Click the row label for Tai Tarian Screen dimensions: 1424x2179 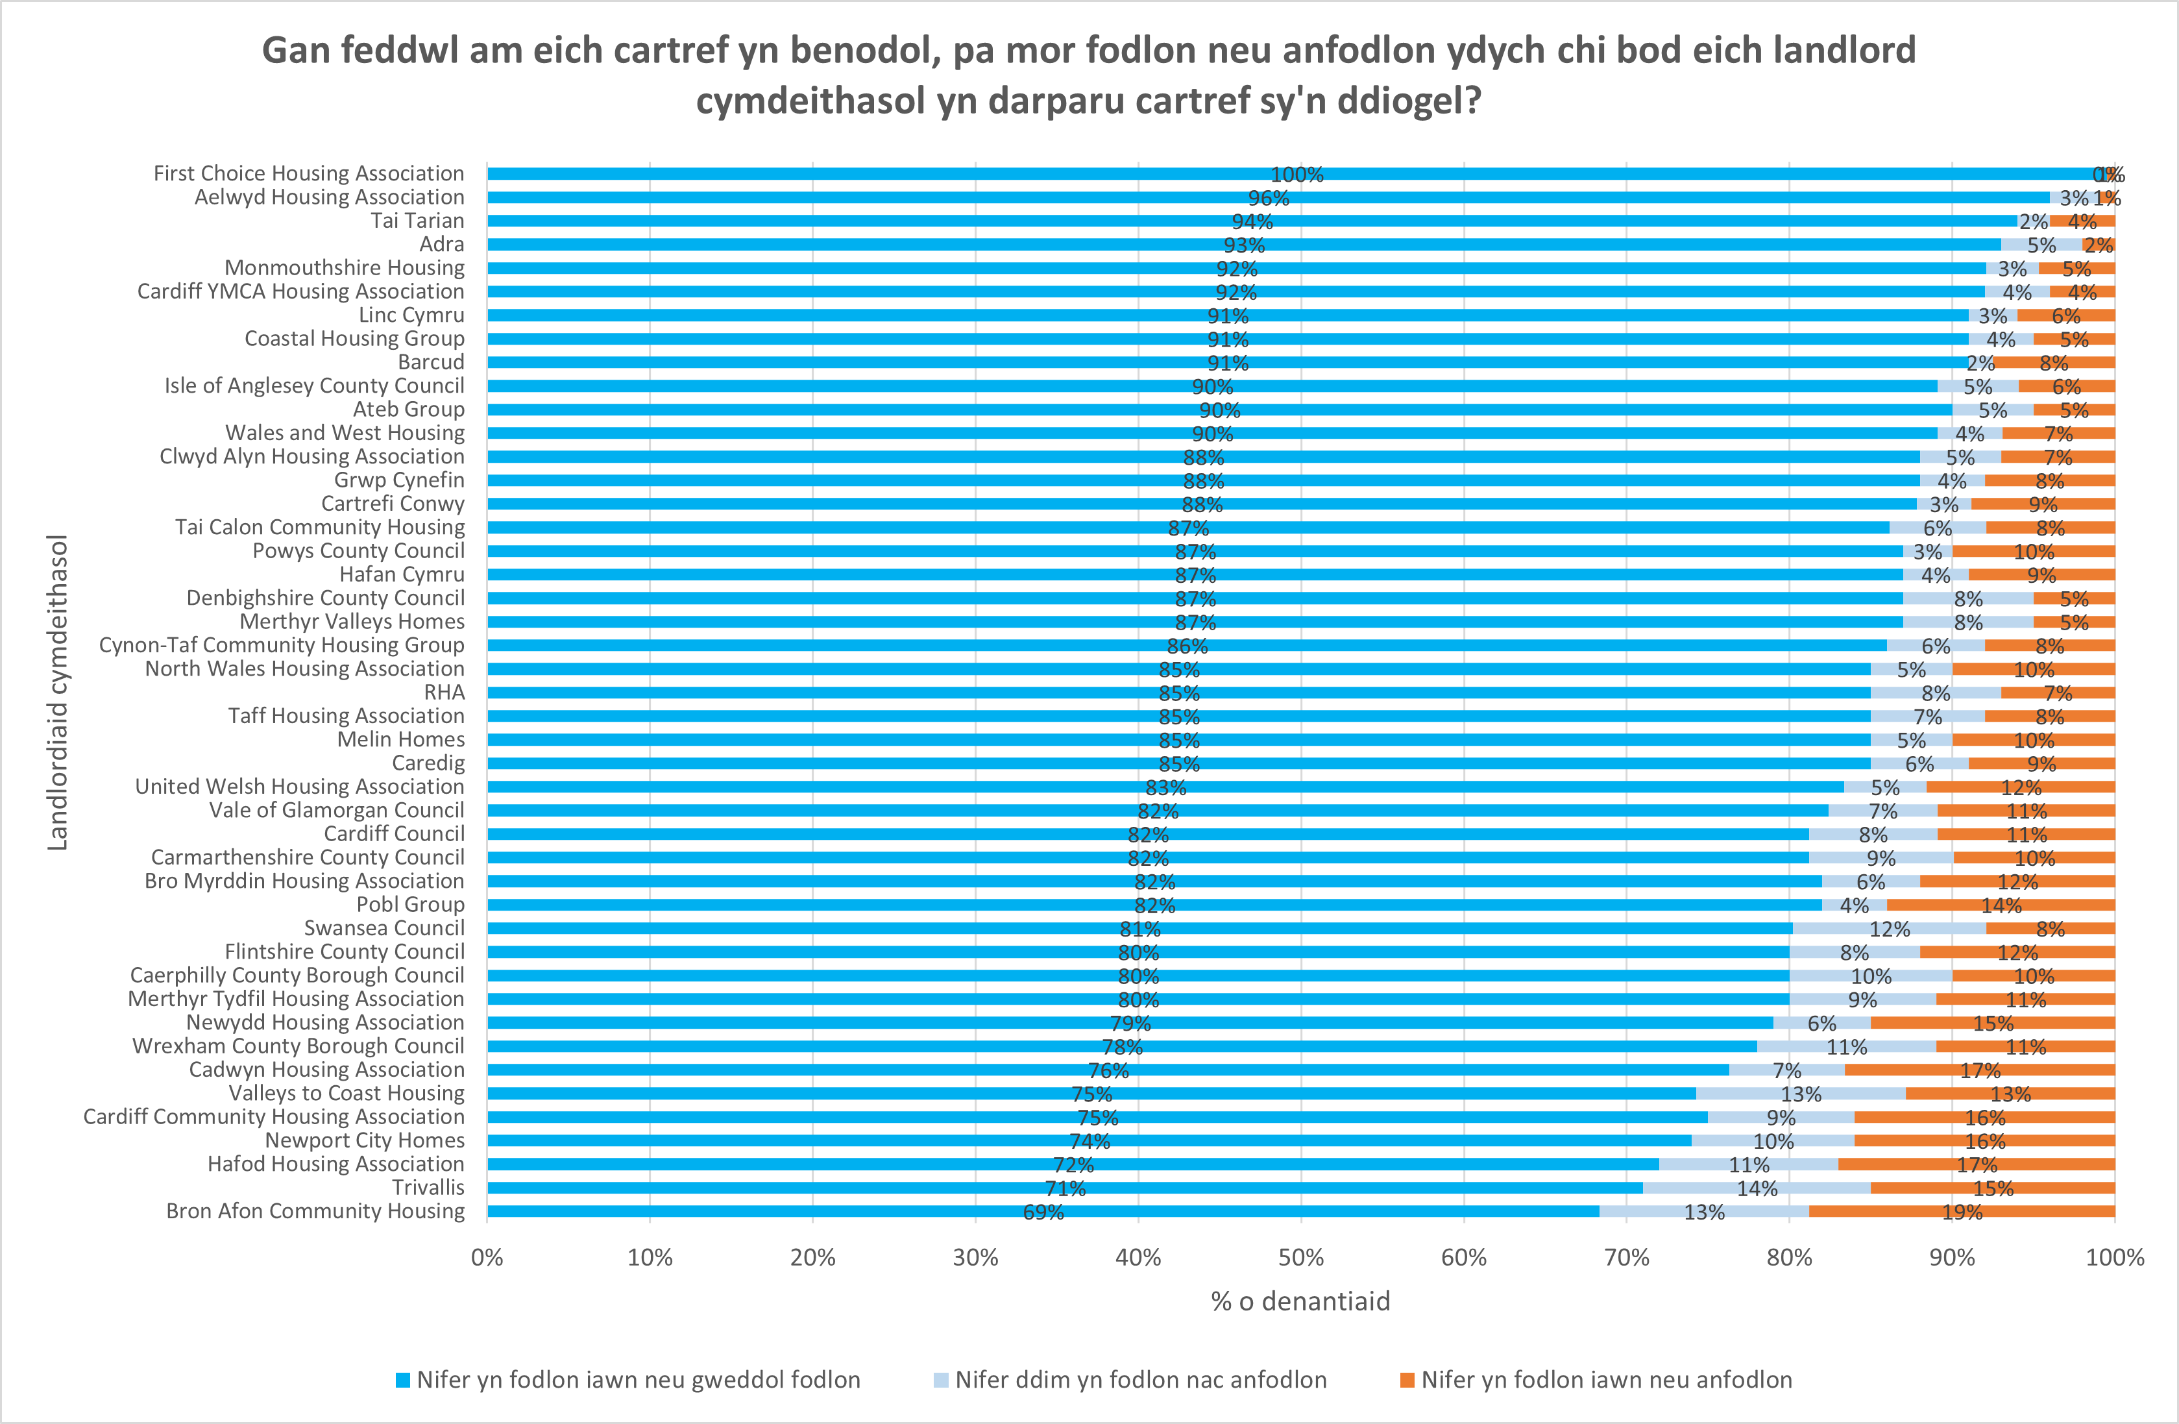417,221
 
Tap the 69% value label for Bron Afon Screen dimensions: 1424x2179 1043,1212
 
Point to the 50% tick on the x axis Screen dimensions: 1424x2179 1300,1257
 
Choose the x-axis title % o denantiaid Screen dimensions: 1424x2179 1300,1301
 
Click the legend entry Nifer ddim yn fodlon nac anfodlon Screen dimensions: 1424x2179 1140,1380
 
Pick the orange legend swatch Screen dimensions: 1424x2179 1407,1380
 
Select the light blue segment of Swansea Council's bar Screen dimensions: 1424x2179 1889,929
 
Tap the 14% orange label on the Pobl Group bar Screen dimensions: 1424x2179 2001,905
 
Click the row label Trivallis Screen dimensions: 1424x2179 428,1188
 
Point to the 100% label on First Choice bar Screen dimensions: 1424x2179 1296,175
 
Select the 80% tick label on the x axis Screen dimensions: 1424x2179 1789,1257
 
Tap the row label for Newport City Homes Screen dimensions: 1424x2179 365,1140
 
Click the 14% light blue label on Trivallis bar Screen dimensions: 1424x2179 1757,1188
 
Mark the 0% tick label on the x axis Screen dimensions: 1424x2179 487,1257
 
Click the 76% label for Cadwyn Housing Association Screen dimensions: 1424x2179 1108,1070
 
